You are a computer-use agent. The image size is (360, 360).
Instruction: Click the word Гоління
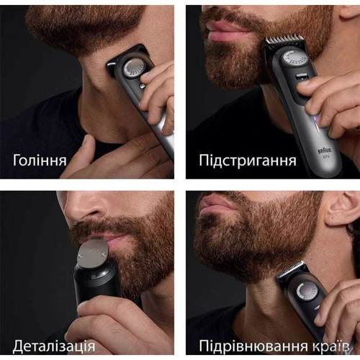(40, 160)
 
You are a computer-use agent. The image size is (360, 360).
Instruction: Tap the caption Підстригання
(248, 161)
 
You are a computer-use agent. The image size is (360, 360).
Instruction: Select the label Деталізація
(54, 346)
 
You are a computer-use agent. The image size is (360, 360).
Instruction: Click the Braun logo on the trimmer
(325, 151)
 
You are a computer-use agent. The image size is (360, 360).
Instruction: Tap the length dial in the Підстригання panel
(294, 59)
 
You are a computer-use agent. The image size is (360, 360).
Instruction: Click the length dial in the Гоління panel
(133, 68)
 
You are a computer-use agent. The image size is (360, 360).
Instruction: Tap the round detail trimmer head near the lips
(93, 253)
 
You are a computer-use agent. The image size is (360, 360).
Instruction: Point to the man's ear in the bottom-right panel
(341, 208)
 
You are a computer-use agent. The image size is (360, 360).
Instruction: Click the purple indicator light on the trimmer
(317, 118)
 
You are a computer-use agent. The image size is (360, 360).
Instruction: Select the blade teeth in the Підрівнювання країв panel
(291, 269)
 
